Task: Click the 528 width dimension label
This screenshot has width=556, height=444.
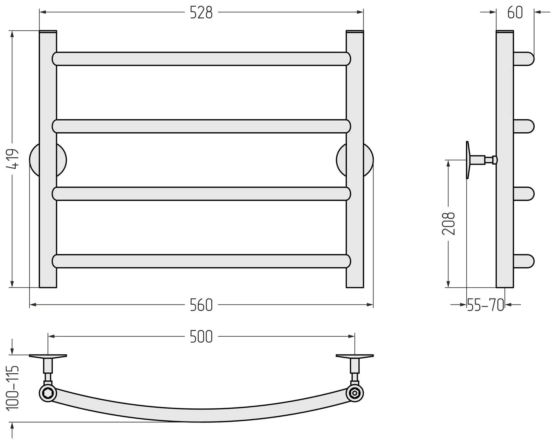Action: click(201, 12)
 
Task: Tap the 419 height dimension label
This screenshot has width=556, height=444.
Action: click(12, 159)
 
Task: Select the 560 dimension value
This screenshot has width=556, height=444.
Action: click(201, 305)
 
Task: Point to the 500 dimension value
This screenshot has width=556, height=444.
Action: click(201, 337)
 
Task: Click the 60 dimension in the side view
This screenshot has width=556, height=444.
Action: click(515, 12)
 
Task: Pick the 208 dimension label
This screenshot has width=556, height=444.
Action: click(449, 223)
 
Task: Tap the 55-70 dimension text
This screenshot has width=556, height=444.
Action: click(486, 305)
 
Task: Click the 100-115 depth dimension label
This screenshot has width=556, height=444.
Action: click(13, 388)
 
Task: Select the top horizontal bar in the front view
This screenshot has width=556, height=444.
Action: click(201, 59)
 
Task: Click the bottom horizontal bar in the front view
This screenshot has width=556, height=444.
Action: click(201, 261)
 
